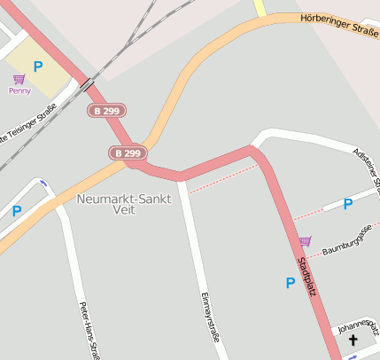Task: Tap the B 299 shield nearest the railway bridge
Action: coord(107,111)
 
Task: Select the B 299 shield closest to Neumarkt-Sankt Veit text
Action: coord(128,153)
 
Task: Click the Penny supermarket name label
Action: coord(19,90)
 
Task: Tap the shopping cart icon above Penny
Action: coord(19,80)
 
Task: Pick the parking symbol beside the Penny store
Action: coord(38,67)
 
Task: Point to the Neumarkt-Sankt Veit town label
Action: coord(124,204)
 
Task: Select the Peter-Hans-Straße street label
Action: coord(89,330)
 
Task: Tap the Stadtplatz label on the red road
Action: coord(306,276)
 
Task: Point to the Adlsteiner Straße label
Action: coord(366,168)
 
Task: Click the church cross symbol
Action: coord(353,341)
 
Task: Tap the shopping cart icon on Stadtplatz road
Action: coord(305,241)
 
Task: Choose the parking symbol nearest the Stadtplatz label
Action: coord(290,284)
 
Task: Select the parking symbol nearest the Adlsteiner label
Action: coord(348,204)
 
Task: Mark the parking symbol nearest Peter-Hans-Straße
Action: coord(16,211)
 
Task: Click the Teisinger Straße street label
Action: coord(29,123)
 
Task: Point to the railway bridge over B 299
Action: coord(87,85)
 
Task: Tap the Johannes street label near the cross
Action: coord(357,326)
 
